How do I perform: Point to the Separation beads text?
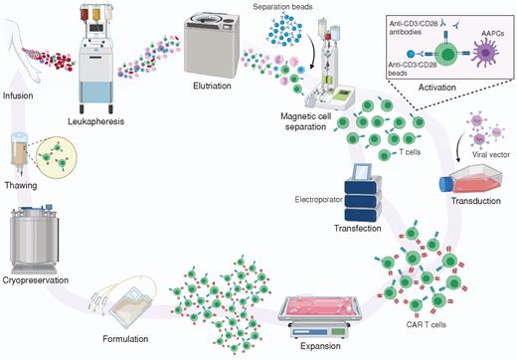(282, 8)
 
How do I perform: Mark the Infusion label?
(21, 98)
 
